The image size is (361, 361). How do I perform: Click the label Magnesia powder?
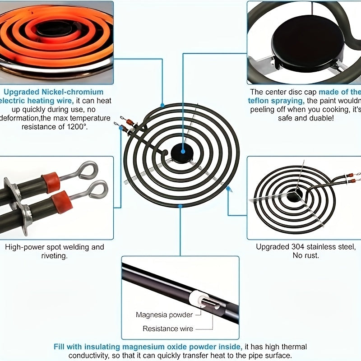click(164, 315)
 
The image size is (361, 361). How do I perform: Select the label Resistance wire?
click(167, 329)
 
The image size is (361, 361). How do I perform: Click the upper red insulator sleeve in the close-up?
click(51, 182)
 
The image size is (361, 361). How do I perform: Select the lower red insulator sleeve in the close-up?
click(62, 201)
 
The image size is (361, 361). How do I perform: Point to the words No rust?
click(306, 255)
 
